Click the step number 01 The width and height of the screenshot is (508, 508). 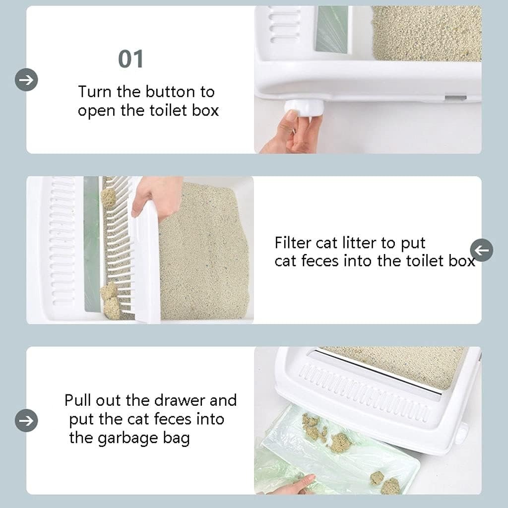coord(130,60)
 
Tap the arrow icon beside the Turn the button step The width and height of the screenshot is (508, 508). coord(26,80)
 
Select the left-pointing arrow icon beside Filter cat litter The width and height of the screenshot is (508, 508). coord(482,250)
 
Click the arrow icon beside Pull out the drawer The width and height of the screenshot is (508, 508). coord(26,421)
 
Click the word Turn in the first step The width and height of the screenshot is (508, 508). coord(94,92)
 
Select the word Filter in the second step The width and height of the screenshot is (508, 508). coord(293,243)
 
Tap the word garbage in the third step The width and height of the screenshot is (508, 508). coord(128,439)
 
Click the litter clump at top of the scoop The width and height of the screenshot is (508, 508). coord(108,197)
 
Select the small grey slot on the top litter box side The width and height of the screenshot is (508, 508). coord(455,98)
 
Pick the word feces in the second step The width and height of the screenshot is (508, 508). coord(320,261)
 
